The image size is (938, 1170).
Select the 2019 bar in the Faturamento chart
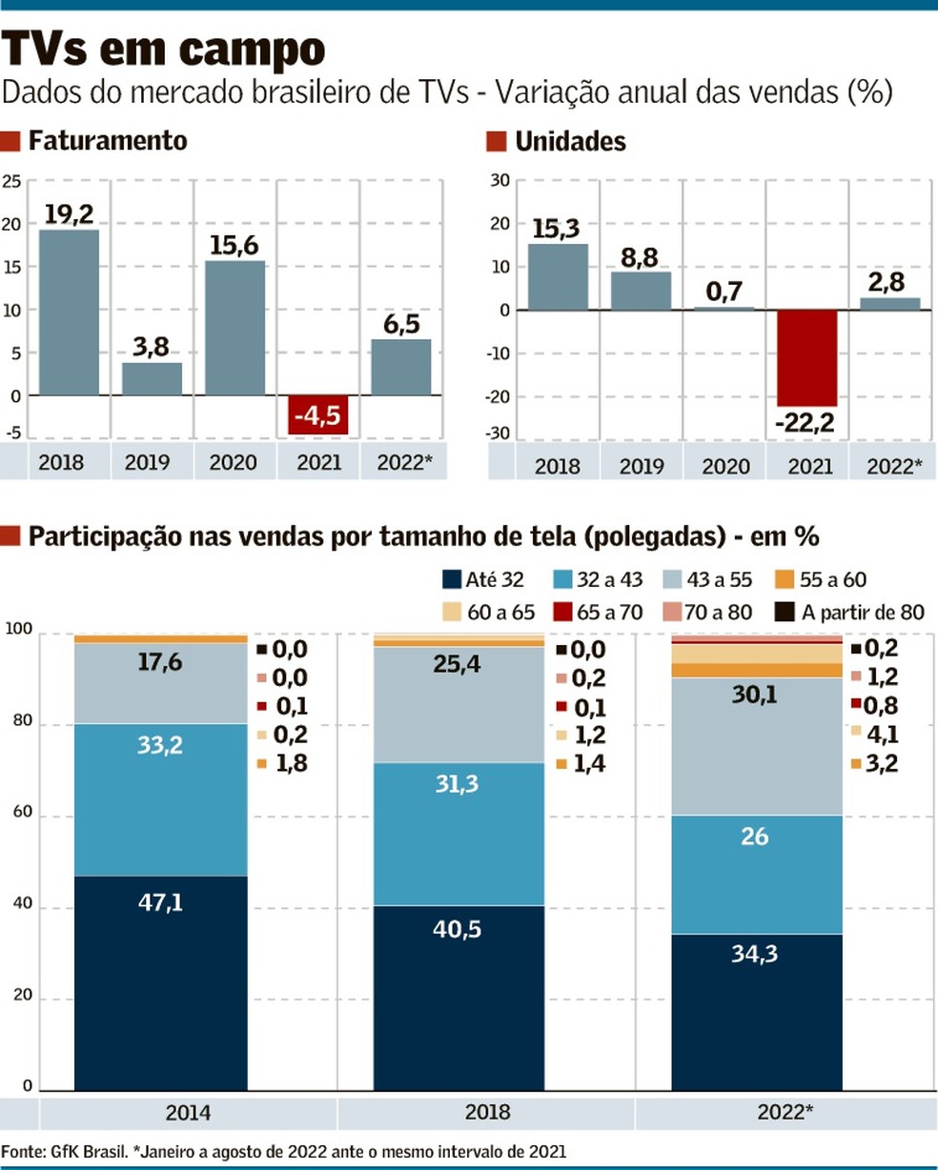click(152, 378)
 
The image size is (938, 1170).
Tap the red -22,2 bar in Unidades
click(806, 357)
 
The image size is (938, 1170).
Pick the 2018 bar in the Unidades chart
click(558, 276)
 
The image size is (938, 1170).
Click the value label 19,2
click(69, 213)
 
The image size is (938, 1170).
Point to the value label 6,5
click(401, 324)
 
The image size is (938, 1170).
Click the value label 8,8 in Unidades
click(640, 257)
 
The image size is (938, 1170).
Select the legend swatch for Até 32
click(452, 579)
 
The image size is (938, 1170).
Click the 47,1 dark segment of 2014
click(160, 981)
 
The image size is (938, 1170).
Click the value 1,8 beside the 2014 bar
click(290, 763)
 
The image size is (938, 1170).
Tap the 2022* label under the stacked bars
click(785, 1112)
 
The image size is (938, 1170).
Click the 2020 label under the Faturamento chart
click(234, 462)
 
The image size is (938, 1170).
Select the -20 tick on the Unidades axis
click(500, 397)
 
